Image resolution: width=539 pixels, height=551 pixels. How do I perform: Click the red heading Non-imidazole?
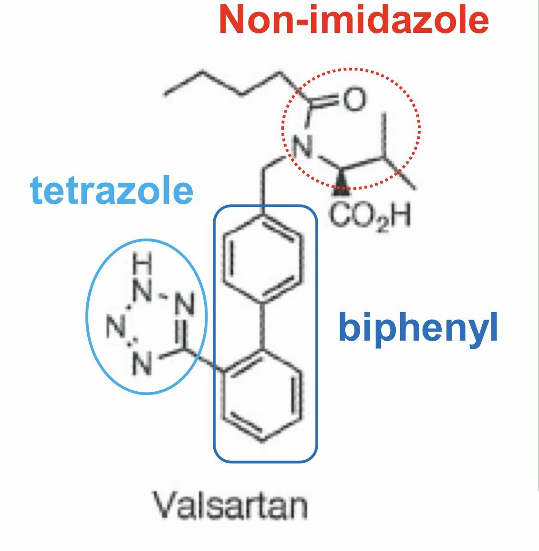pos(353,20)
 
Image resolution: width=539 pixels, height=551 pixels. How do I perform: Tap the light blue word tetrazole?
pos(112,190)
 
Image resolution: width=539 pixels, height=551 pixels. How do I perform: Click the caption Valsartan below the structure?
pos(229,506)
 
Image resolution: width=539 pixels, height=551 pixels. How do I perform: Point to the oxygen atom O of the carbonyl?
pos(353,99)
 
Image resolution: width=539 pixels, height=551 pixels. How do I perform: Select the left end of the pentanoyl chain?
pos(166,94)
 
